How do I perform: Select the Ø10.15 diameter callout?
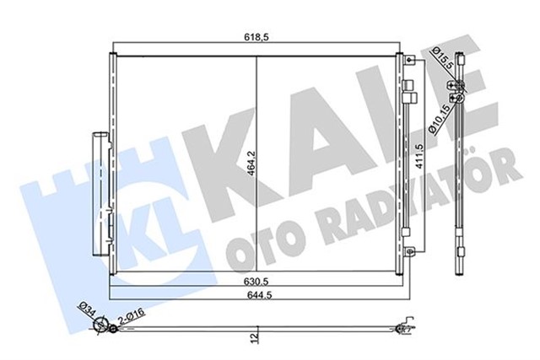pyautogui.click(x=440, y=117)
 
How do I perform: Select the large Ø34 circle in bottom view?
pyautogui.click(x=103, y=325)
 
